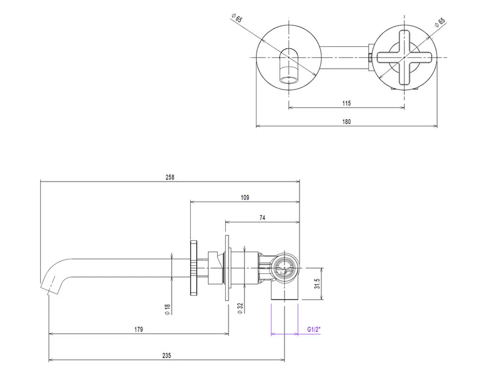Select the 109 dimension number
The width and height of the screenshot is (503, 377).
pyautogui.click(x=245, y=198)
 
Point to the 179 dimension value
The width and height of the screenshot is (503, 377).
pyautogui.click(x=139, y=330)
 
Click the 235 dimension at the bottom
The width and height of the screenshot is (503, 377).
pyautogui.click(x=167, y=355)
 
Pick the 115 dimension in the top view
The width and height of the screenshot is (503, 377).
pyautogui.click(x=346, y=103)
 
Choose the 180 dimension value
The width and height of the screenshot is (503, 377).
pyautogui.click(x=346, y=121)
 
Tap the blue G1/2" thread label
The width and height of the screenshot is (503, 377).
pyautogui.click(x=314, y=330)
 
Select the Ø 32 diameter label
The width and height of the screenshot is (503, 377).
pyautogui.click(x=240, y=308)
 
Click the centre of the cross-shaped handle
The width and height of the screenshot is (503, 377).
pyautogui.click(x=404, y=58)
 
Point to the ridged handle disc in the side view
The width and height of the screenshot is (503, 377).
pyautogui.click(x=194, y=267)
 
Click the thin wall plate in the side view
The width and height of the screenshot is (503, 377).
pyautogui.click(x=227, y=267)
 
